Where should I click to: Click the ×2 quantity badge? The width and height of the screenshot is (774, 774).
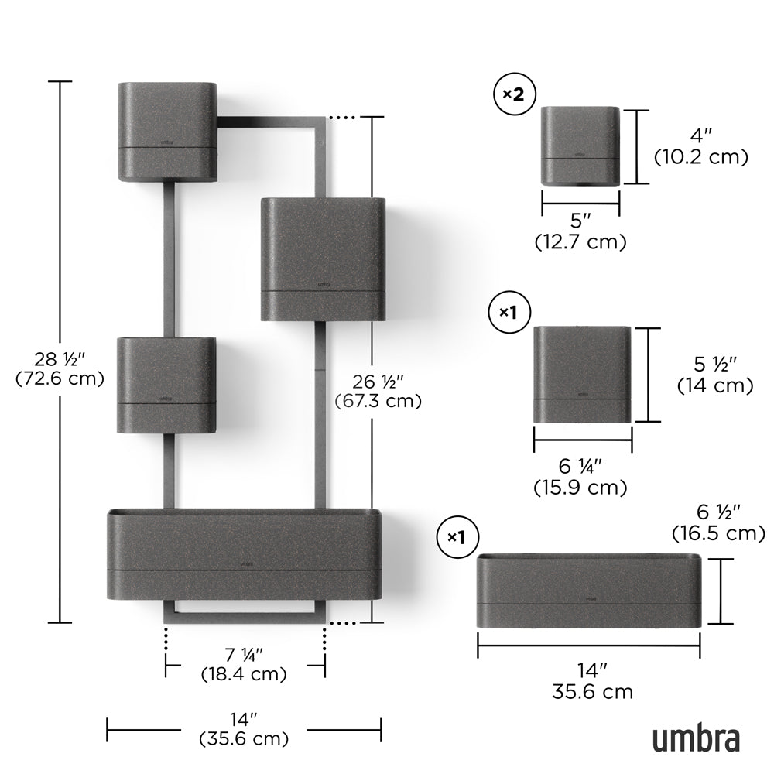pyautogui.click(x=515, y=94)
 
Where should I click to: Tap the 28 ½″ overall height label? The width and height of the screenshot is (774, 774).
pyautogui.click(x=60, y=359)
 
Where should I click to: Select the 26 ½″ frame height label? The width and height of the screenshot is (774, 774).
pyautogui.click(x=378, y=382)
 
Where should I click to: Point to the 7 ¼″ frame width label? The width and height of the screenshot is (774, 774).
pyautogui.click(x=245, y=655)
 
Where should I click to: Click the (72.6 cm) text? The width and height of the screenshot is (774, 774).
pyautogui.click(x=60, y=378)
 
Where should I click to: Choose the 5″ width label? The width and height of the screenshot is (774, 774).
pyautogui.click(x=580, y=220)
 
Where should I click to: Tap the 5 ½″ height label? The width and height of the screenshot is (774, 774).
pyautogui.click(x=715, y=365)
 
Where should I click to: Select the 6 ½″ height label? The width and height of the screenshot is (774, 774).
pyautogui.click(x=719, y=512)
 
